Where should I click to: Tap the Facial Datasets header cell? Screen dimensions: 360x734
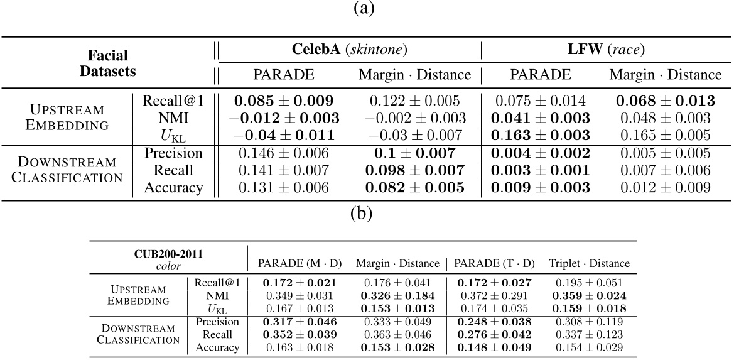pyautogui.click(x=107, y=63)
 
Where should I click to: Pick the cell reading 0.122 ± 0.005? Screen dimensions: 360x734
pyautogui.click(x=414, y=101)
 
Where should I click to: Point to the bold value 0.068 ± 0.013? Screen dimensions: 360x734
pyautogui.click(x=666, y=101)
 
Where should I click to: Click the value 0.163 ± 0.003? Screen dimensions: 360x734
pyautogui.click(x=541, y=135)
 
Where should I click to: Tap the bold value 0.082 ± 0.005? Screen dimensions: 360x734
pyautogui.click(x=414, y=187)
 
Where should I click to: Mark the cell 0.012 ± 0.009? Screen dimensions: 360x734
pyautogui.click(x=666, y=187)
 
